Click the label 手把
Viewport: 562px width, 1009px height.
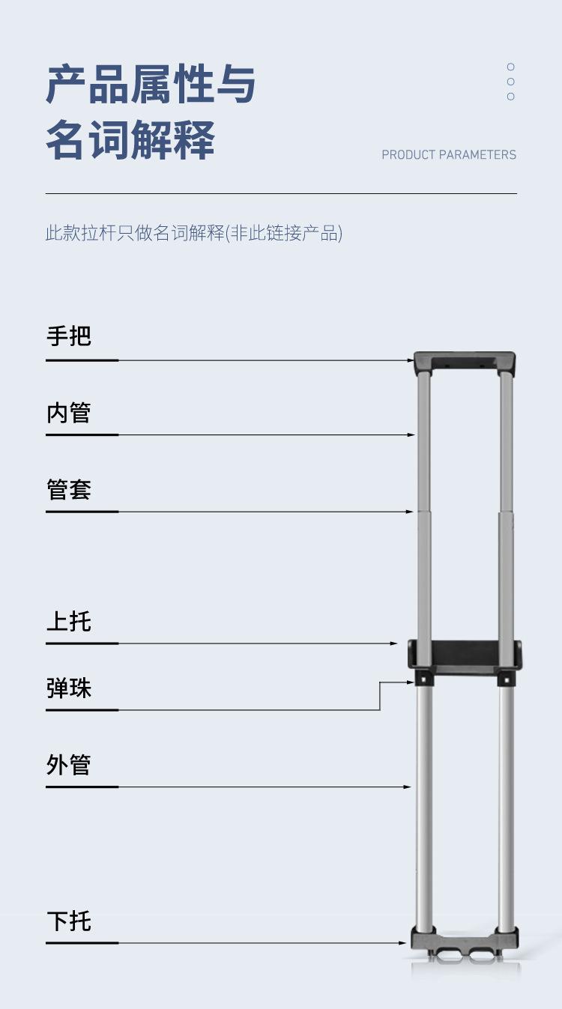pos(69,336)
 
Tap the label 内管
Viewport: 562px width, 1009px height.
pos(69,413)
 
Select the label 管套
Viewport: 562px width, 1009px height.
pos(69,490)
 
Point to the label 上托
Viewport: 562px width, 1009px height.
pos(69,621)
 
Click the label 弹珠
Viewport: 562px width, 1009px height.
pos(69,688)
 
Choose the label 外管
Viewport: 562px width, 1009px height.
pos(69,765)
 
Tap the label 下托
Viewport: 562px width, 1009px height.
pos(69,921)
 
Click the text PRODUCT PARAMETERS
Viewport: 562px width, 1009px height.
pos(449,155)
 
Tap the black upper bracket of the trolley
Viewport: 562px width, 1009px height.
pos(465,654)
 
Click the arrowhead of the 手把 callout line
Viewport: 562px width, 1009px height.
pos(410,360)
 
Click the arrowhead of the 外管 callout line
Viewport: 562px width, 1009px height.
pos(408,787)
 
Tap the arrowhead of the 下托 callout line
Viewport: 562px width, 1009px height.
pos(404,943)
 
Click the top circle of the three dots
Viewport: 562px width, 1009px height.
pos(511,67)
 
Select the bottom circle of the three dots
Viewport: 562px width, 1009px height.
pos(511,97)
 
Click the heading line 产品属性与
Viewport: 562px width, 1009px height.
pos(151,84)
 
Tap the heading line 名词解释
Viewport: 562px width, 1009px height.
pos(130,140)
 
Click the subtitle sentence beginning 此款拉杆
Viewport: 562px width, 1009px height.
pos(193,233)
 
